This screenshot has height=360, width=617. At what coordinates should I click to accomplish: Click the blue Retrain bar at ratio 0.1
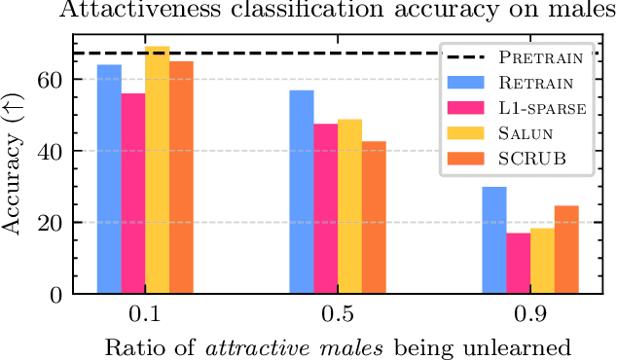click(109, 179)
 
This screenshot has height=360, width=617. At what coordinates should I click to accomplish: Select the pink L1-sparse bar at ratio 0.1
click(133, 194)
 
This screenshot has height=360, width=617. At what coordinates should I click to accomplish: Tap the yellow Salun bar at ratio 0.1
click(157, 170)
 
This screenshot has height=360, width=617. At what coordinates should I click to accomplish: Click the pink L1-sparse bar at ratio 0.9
click(518, 263)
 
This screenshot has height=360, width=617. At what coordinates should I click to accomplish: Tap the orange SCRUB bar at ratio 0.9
click(565, 249)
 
